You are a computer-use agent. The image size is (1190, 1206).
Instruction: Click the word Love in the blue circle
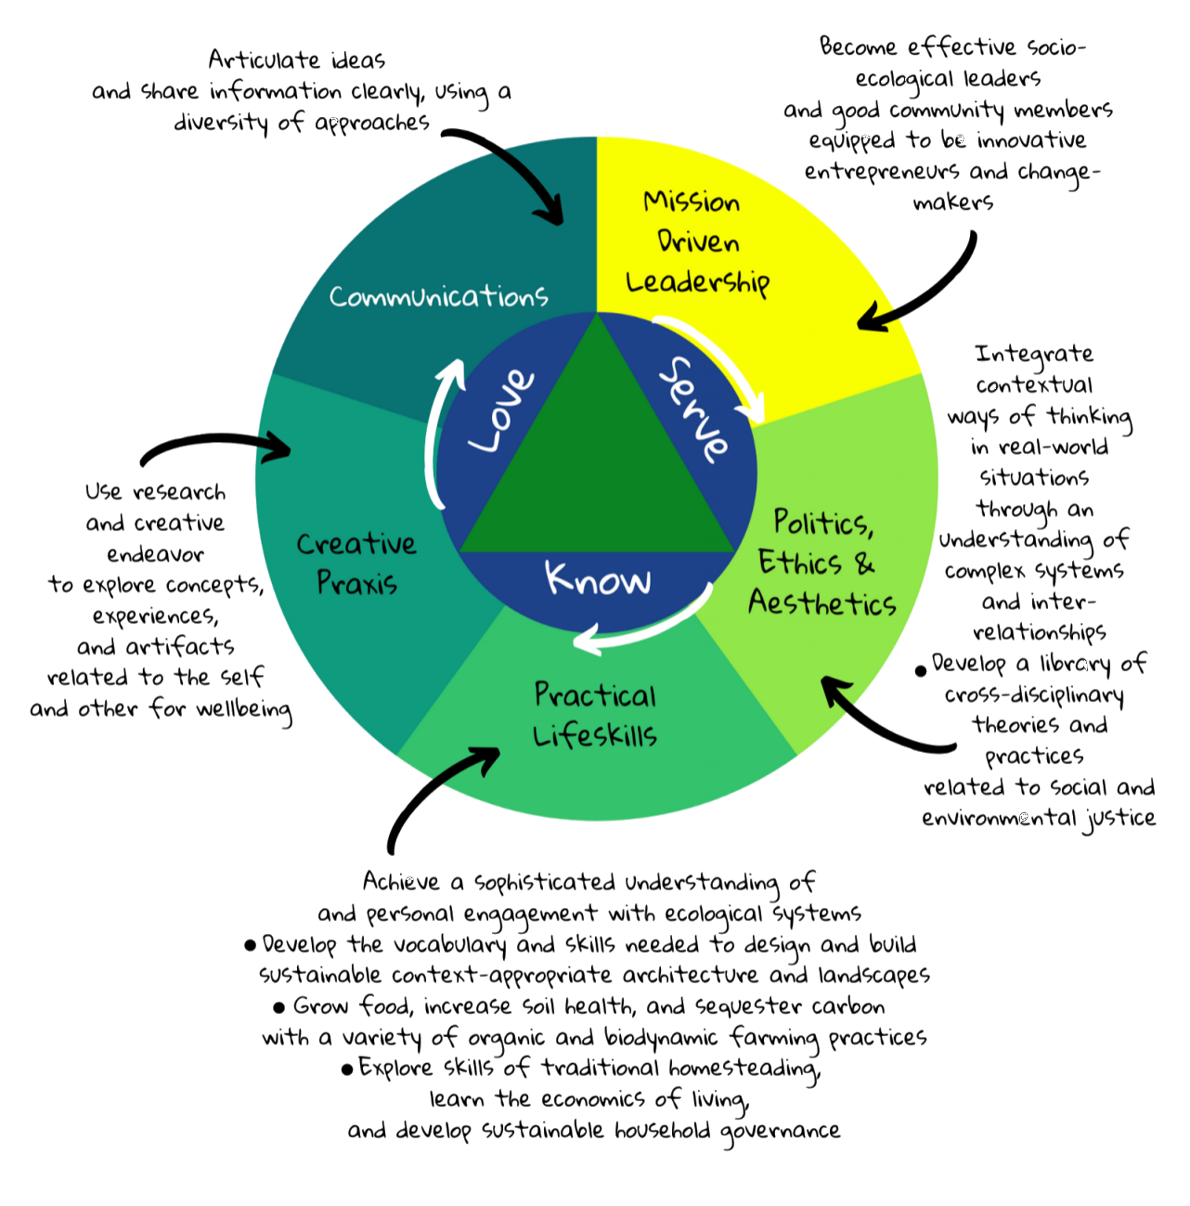502,411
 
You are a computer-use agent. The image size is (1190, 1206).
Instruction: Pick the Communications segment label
438,296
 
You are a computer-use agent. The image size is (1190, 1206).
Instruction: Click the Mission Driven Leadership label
697,242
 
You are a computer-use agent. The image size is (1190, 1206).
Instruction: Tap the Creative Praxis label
356,563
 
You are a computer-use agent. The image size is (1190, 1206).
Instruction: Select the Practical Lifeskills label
595,715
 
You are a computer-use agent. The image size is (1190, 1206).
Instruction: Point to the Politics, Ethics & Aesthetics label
821,563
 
